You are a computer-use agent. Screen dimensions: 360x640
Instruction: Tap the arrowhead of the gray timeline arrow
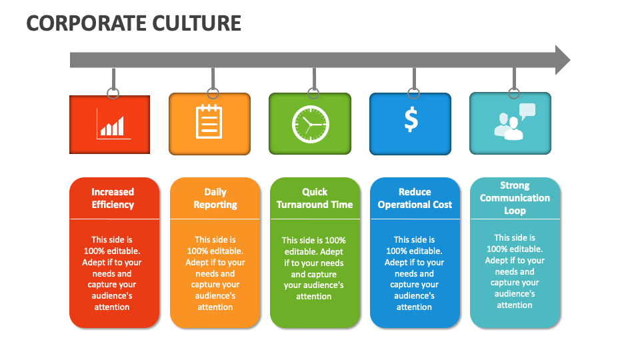562,60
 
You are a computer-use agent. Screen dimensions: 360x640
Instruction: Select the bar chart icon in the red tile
111,124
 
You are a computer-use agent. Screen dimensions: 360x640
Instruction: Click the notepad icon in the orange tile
209,122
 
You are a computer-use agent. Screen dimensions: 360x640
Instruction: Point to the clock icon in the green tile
310,124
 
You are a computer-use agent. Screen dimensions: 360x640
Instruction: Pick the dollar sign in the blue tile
411,119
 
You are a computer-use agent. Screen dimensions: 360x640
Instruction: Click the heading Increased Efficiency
113,198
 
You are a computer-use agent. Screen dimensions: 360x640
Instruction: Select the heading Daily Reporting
215,198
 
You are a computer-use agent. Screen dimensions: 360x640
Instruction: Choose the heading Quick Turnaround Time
315,198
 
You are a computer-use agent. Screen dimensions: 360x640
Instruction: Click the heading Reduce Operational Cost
415,198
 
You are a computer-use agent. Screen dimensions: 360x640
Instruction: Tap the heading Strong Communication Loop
515,198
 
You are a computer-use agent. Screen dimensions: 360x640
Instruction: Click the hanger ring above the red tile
113,93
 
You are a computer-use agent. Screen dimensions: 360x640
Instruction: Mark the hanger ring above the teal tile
513,93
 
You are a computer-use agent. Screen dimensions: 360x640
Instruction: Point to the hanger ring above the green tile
313,93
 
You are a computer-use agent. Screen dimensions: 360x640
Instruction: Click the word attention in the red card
112,307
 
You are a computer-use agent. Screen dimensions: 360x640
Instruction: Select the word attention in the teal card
515,305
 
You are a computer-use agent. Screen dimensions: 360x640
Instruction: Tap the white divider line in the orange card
215,219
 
